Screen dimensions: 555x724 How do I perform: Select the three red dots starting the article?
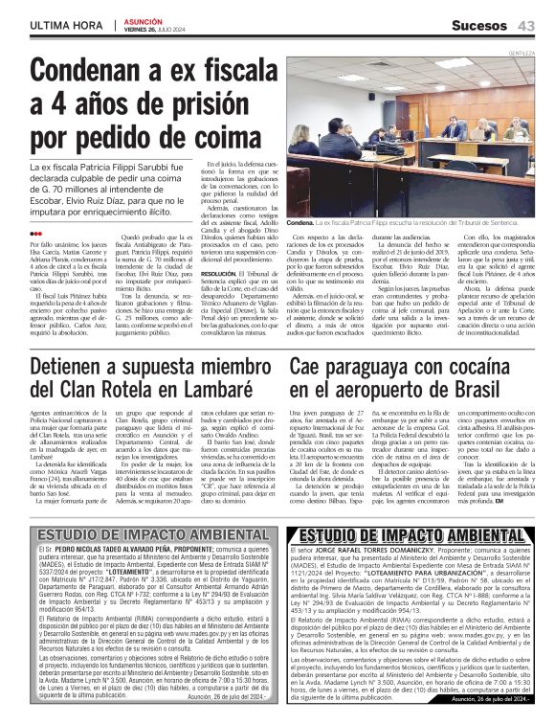[x=36, y=233]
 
